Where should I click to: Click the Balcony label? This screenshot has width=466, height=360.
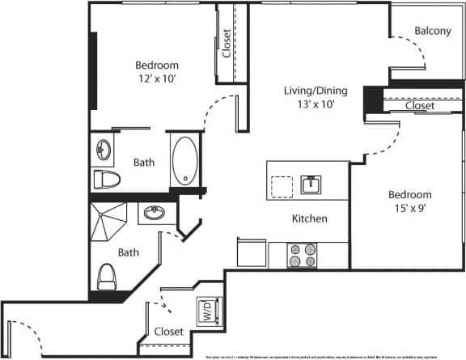point(432,32)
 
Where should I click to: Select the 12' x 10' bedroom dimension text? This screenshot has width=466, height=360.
point(156,78)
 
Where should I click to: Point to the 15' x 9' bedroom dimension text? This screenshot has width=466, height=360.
point(409,208)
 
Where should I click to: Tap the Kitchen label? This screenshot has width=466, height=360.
point(309,218)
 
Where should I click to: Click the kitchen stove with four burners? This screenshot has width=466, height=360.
point(305,256)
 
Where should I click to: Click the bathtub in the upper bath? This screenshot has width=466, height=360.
point(184,161)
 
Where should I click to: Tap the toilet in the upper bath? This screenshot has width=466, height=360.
point(107,179)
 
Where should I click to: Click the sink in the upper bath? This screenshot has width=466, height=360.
point(103,150)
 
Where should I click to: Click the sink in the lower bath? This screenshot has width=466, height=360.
point(152,214)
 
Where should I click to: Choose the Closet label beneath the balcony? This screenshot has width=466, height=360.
point(419,106)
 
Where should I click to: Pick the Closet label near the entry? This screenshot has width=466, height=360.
point(168,332)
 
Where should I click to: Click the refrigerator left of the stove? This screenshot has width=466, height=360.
point(252,254)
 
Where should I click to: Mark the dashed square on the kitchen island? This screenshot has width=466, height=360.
point(282,185)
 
